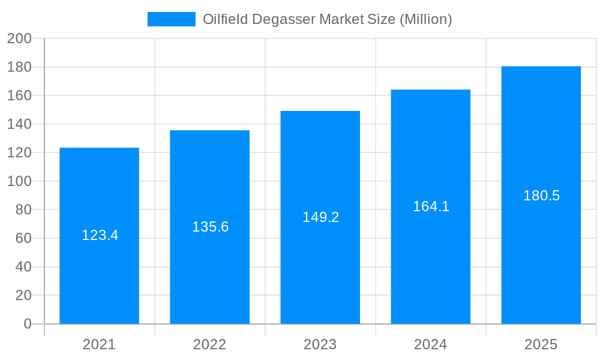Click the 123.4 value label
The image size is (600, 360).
pyautogui.click(x=100, y=235)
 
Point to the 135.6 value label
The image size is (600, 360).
pyautogui.click(x=210, y=227)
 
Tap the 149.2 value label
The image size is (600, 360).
pyautogui.click(x=320, y=217)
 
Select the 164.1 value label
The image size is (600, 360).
pyautogui.click(x=431, y=206)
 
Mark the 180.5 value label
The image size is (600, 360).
pyautogui.click(x=541, y=196)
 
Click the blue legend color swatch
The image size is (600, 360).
pyautogui.click(x=172, y=19)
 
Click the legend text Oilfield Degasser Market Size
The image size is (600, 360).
pyautogui.click(x=327, y=19)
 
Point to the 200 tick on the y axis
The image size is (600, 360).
pyautogui.click(x=19, y=39)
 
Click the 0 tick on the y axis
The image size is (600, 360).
pyautogui.click(x=28, y=324)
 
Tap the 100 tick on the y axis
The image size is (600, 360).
pyautogui.click(x=19, y=181)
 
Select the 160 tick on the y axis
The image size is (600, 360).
pyautogui.click(x=19, y=96)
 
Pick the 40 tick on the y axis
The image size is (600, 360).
pyautogui.click(x=23, y=267)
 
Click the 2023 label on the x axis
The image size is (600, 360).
pyautogui.click(x=320, y=344)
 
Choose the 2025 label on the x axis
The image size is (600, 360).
pyautogui.click(x=541, y=344)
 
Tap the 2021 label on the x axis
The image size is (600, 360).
pyautogui.click(x=99, y=344)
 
